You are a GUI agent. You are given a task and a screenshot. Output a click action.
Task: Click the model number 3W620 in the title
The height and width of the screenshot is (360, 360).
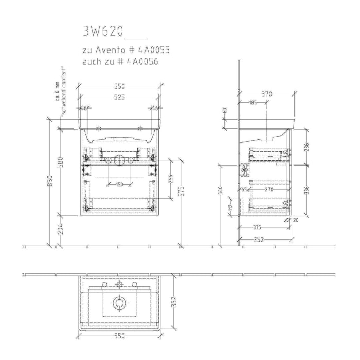click(102, 32)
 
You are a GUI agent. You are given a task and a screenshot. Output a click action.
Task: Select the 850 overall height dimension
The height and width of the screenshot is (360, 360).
click(50, 182)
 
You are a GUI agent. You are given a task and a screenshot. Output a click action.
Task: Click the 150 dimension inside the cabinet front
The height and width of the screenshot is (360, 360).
click(119, 184)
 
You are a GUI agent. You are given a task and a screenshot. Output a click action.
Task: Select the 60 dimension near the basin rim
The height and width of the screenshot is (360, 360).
click(224, 110)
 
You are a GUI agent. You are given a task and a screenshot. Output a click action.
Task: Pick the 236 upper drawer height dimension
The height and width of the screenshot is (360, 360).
click(307, 147)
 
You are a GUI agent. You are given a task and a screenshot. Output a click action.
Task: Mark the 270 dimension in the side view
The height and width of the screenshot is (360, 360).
click(268, 190)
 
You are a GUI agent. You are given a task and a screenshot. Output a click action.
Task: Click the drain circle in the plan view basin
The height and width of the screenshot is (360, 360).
click(119, 303)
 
